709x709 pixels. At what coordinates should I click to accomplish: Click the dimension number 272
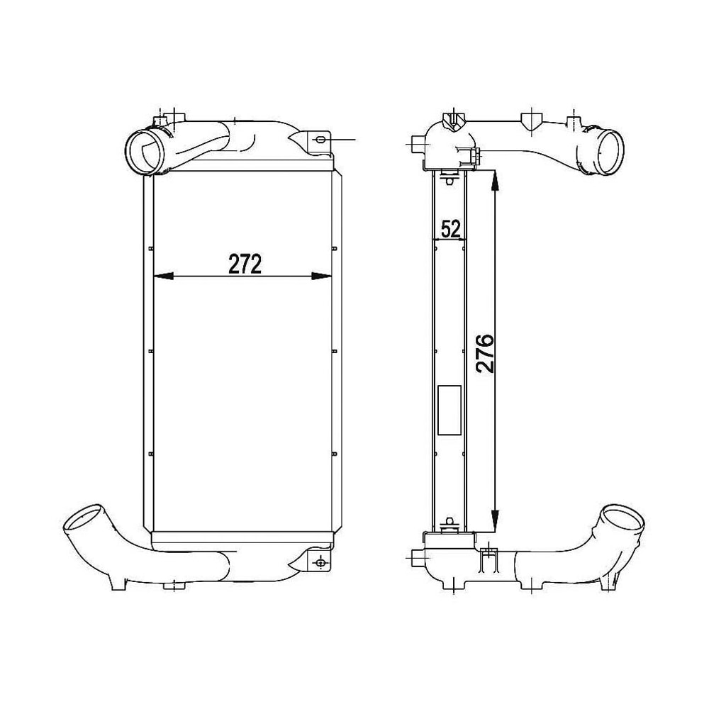(245, 264)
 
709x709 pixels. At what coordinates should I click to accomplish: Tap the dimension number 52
(450, 228)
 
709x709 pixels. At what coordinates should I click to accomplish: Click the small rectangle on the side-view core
(450, 410)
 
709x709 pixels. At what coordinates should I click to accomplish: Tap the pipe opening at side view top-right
(609, 150)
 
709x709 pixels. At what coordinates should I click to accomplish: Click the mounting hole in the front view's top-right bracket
(320, 140)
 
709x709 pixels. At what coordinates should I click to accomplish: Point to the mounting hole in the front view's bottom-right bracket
(320, 563)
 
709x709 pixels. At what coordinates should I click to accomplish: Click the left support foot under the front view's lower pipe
(115, 583)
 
